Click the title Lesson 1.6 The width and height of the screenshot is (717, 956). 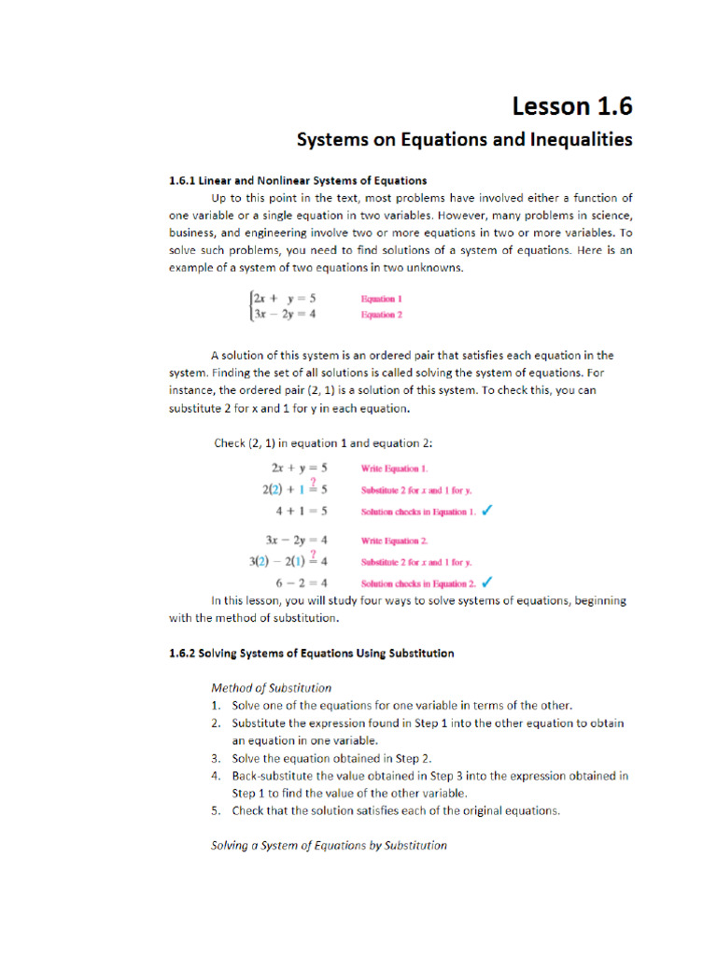tap(570, 107)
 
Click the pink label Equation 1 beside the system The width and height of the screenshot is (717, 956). tap(382, 299)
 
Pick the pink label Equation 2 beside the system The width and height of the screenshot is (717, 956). tap(382, 315)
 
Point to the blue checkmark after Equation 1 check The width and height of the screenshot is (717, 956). tap(488, 511)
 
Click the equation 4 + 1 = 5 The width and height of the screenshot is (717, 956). tap(301, 512)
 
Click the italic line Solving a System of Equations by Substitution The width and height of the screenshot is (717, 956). tap(329, 845)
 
